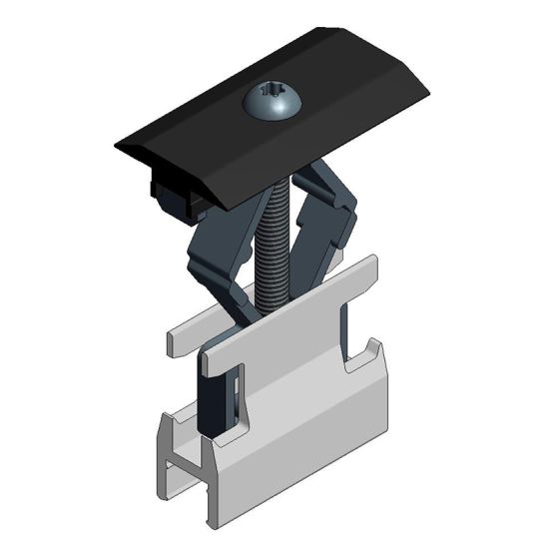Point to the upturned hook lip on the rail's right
[x=373, y=354]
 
